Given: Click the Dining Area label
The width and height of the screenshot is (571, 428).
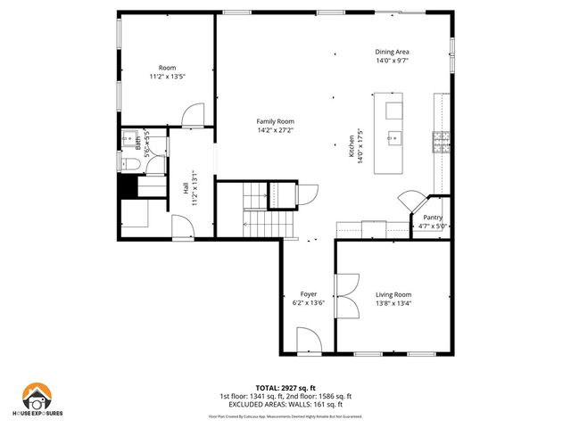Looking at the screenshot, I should pos(392,52).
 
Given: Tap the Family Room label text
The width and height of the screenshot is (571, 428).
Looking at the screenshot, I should pos(275,121).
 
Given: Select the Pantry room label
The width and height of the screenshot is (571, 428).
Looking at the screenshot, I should pos(432,217).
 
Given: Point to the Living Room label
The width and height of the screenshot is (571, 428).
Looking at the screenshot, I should pos(393,294).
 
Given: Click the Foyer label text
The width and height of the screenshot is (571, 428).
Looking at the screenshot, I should pos(309,294).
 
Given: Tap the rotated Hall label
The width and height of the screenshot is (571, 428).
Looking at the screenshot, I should pos(186,188).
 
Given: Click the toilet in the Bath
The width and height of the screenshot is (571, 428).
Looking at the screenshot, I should pos(129,163).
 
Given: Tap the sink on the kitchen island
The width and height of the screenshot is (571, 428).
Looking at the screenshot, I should pos(395,138).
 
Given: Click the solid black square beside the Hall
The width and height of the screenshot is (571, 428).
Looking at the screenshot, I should pos(127,189).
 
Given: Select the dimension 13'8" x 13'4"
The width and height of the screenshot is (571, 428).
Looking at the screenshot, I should pos(393,303).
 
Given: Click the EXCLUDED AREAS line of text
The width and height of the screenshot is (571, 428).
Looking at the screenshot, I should pos(285,404).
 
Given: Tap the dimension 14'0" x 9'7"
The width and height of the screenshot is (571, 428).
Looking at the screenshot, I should pos(392,61).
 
